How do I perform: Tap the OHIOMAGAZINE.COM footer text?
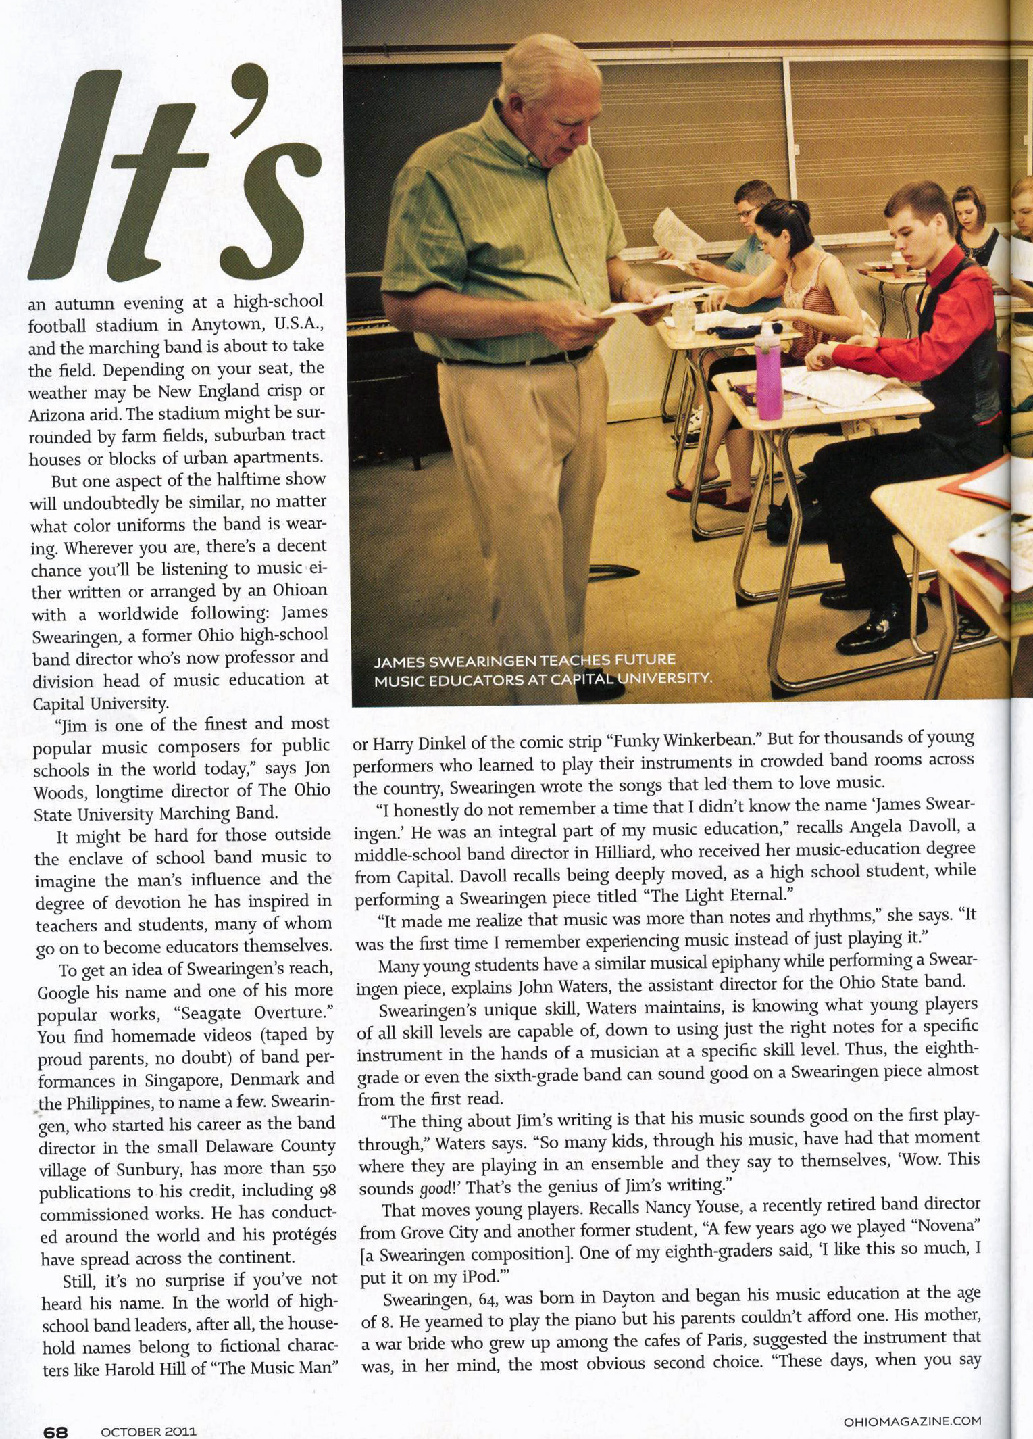tap(911, 1421)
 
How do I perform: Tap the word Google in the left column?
tap(63, 992)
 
